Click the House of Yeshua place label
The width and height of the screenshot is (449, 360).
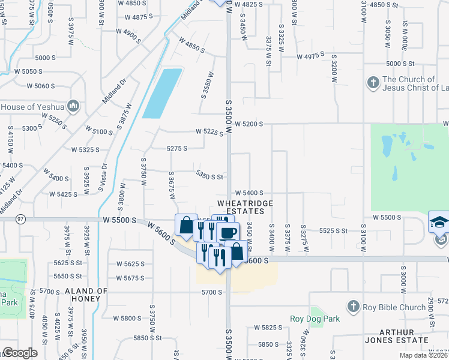pos(33,107)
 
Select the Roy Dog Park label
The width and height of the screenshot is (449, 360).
pos(315,319)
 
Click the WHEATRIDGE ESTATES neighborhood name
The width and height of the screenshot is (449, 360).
pos(245,208)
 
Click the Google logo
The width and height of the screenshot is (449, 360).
pos(19,353)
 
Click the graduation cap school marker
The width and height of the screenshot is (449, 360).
pos(439,222)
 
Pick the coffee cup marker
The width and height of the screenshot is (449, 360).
pos(228,233)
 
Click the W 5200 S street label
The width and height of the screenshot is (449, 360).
pos(250,124)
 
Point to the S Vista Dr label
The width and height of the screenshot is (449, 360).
pos(103,177)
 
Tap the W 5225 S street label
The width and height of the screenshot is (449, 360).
pos(209,133)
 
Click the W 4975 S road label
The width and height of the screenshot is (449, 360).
pos(310,56)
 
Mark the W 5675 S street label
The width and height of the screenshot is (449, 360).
pos(131,278)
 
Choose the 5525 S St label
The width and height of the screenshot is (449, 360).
pos(334,230)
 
